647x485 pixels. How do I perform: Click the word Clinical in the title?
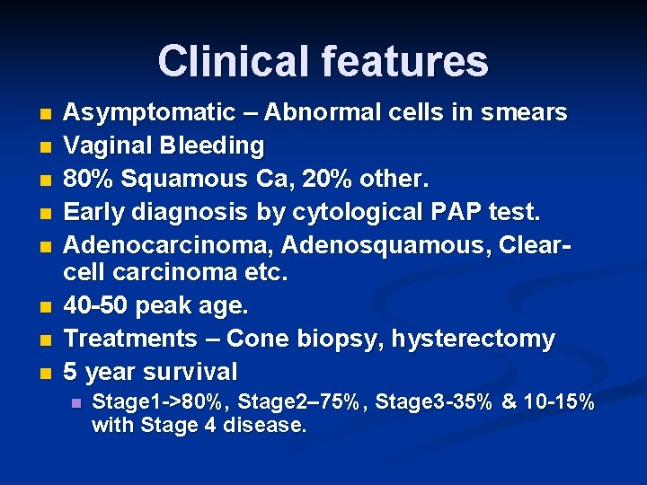(x=232, y=61)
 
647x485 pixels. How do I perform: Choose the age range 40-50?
(x=99, y=306)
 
